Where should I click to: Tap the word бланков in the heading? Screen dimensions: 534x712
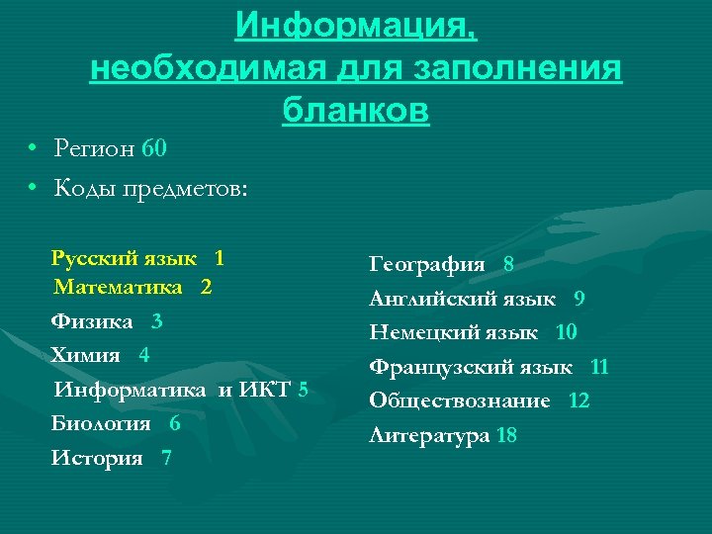pyautogui.click(x=355, y=110)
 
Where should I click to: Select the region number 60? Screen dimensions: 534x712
pyautogui.click(x=154, y=149)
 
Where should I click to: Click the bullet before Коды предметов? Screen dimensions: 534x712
pyautogui.click(x=33, y=187)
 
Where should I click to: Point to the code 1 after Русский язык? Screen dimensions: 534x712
pyautogui.click(x=219, y=259)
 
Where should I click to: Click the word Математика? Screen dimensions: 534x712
pyautogui.click(x=119, y=288)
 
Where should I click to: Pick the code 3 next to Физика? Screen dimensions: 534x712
pyautogui.click(x=157, y=322)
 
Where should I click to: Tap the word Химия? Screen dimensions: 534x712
pyautogui.click(x=85, y=355)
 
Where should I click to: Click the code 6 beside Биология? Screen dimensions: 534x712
pyautogui.click(x=175, y=424)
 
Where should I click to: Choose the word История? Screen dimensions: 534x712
pyautogui.click(x=96, y=459)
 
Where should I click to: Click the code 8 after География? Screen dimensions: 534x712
pyautogui.click(x=508, y=265)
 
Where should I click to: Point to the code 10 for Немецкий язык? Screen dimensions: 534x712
pyautogui.click(x=567, y=333)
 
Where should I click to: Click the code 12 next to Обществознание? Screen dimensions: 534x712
pyautogui.click(x=579, y=401)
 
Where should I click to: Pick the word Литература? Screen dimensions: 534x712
pyautogui.click(x=429, y=435)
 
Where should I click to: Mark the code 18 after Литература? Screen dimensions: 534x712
pyautogui.click(x=506, y=435)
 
